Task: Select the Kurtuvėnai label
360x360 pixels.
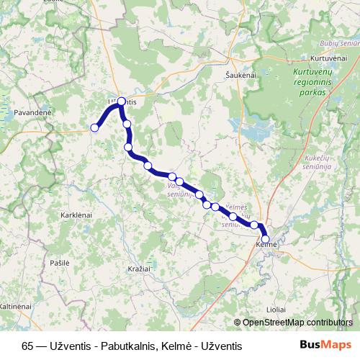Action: (x=328, y=57)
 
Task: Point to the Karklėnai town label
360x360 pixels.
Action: (x=76, y=216)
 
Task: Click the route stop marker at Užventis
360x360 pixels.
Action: (x=122, y=102)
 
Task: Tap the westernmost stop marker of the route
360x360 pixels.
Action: (x=94, y=128)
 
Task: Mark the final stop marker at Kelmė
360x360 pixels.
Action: (x=266, y=238)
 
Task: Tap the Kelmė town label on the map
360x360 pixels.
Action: (x=266, y=247)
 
